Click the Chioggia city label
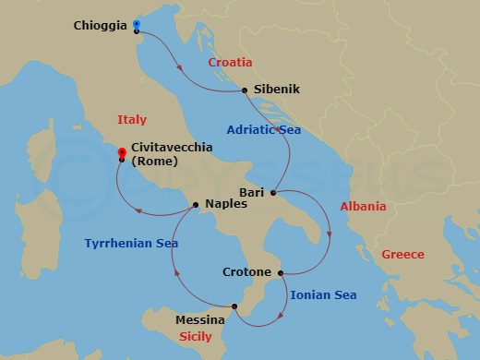(x=99, y=26)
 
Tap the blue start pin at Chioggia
(x=136, y=23)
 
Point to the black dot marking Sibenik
(x=244, y=90)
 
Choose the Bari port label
(x=253, y=192)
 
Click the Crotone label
(x=247, y=272)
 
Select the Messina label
(x=200, y=320)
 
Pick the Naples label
(x=226, y=204)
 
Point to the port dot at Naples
(x=197, y=204)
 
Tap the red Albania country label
(x=363, y=207)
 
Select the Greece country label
(x=402, y=254)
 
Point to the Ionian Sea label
(x=323, y=295)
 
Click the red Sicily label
(x=199, y=337)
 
